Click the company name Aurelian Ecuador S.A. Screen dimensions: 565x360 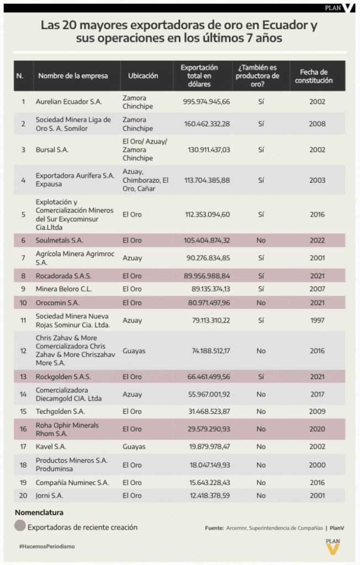(68, 102)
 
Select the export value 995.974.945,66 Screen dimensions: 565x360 (207, 102)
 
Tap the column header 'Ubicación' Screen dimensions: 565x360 (143, 76)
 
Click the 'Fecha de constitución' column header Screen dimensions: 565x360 (314, 76)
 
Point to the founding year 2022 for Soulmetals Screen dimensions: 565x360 (317, 241)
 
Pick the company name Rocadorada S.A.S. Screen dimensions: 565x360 (63, 275)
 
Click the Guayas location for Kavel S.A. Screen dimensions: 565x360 (134, 446)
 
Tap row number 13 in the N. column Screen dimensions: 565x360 (23, 377)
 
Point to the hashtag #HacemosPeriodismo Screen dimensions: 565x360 (46, 546)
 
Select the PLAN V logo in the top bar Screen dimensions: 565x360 (338, 8)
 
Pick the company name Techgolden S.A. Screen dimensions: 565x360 (60, 411)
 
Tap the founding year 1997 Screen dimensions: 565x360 (317, 321)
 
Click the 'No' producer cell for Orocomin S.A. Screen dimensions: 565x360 (261, 303)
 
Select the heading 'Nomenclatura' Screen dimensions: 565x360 (39, 513)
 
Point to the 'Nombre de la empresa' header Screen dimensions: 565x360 (73, 76)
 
